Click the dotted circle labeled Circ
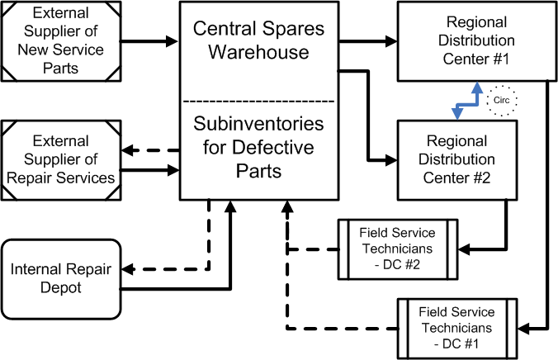(x=501, y=86)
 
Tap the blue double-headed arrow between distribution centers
(x=467, y=104)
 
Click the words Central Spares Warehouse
(x=258, y=40)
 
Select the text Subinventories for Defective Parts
(x=258, y=147)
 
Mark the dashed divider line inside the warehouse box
(x=258, y=102)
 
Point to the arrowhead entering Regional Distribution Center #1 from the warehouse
(x=391, y=41)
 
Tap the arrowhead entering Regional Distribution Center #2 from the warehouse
(x=391, y=160)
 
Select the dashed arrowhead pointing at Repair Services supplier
(x=128, y=150)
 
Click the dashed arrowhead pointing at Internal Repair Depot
(x=128, y=269)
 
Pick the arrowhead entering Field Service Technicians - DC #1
(x=523, y=329)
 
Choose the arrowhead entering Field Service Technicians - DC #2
(x=464, y=249)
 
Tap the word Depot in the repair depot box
(x=61, y=287)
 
